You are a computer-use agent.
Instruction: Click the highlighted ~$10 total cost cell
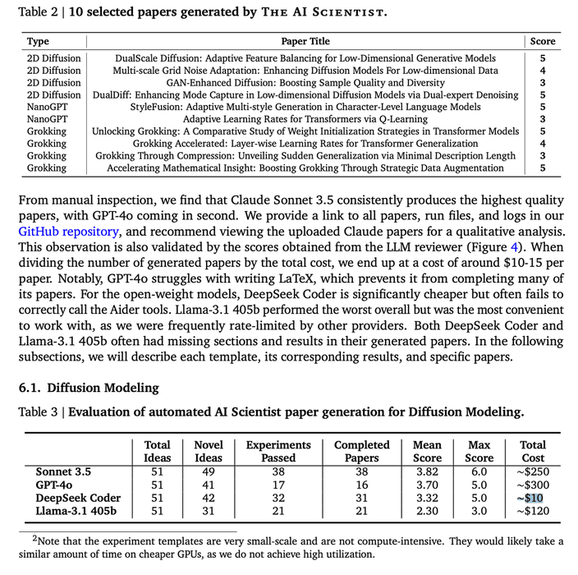coord(533,498)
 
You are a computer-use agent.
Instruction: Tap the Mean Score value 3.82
coord(427,471)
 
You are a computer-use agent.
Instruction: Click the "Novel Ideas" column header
coord(209,452)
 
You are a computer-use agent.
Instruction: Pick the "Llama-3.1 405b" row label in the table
coord(75,511)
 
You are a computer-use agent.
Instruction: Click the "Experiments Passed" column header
coord(278,452)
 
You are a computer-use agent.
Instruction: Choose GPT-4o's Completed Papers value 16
coord(362,485)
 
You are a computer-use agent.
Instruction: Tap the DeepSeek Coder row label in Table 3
coord(78,498)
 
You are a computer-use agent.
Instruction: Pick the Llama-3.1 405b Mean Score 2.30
coord(427,511)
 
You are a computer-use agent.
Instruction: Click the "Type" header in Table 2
coord(38,41)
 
